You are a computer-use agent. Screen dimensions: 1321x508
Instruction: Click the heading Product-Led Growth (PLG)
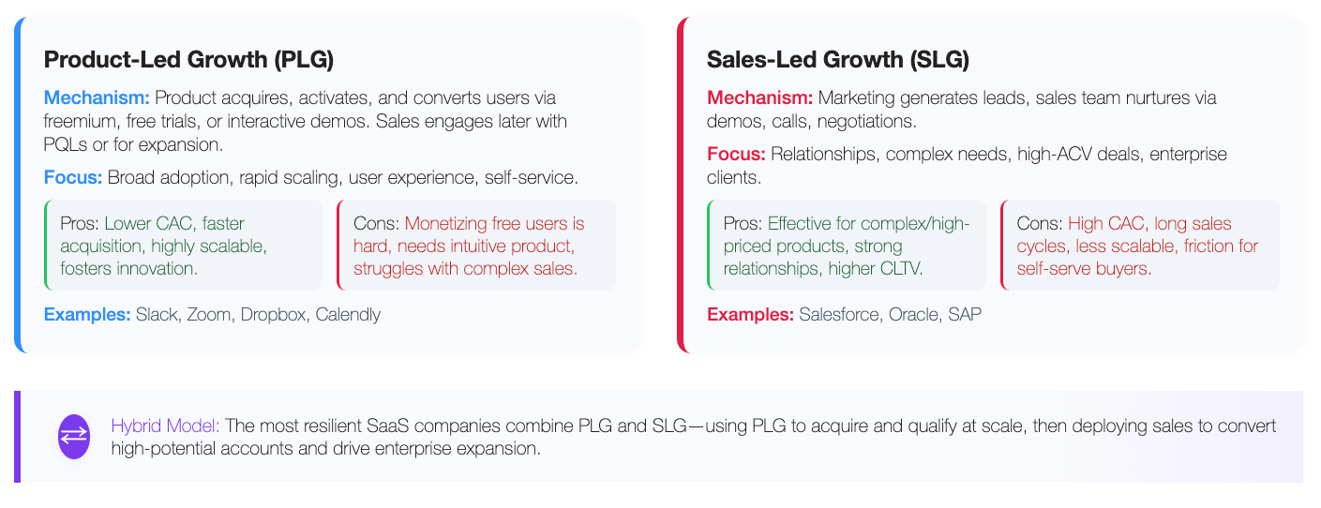pos(188,60)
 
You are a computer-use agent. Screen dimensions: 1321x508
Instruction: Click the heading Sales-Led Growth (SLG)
pos(838,60)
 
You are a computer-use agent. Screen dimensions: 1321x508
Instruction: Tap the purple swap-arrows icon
pos(74,437)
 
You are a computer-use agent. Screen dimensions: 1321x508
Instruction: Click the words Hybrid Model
pos(165,426)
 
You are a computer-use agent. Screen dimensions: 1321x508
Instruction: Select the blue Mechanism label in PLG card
pos(97,97)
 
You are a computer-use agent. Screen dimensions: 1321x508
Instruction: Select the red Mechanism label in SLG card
pos(760,97)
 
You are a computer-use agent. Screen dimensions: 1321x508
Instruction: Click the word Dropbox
pos(273,314)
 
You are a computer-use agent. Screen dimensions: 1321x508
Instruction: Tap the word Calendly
pos(348,315)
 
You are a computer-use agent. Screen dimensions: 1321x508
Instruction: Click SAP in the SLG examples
pos(965,314)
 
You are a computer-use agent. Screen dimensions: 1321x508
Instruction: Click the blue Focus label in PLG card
pos(73,177)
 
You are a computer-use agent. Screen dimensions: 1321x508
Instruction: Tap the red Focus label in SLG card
pos(736,154)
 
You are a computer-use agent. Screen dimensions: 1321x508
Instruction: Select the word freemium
pos(80,121)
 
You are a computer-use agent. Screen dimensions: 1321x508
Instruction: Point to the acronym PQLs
pos(66,144)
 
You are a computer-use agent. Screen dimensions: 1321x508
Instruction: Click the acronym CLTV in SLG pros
pos(902,268)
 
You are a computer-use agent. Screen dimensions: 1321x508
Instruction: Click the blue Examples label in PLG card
pos(87,314)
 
